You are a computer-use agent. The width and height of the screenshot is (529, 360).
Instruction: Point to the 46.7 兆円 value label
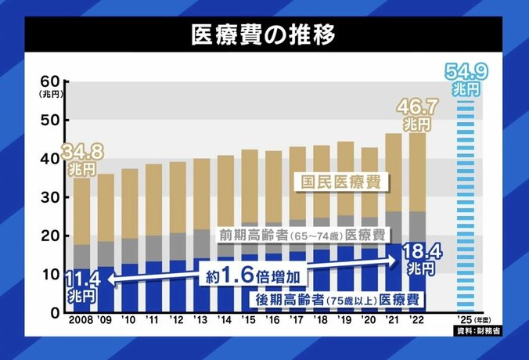pos(415,113)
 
